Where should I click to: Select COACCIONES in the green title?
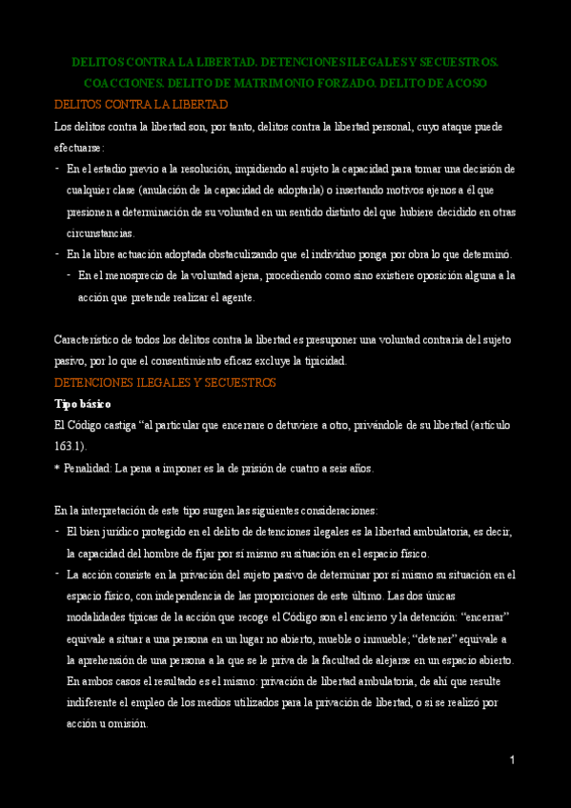pyautogui.click(x=117, y=84)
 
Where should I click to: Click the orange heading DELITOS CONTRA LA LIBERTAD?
pyautogui.click(x=141, y=104)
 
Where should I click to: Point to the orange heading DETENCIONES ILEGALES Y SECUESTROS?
pyautogui.click(x=165, y=383)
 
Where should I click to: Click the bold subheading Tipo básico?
pyautogui.click(x=83, y=404)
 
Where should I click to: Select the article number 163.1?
pyautogui.click(x=69, y=446)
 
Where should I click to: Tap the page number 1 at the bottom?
pyautogui.click(x=512, y=759)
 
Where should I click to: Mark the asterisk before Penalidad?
pyautogui.click(x=57, y=469)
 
